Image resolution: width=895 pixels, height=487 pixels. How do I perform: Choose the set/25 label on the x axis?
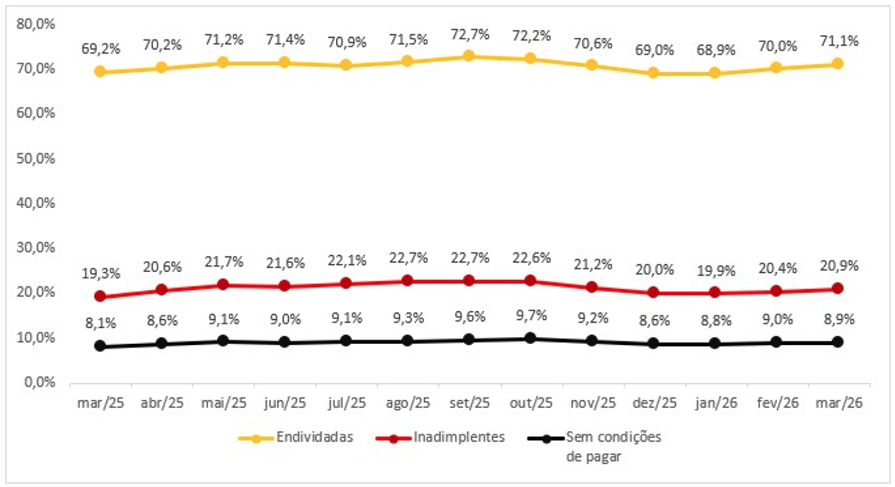[x=469, y=403]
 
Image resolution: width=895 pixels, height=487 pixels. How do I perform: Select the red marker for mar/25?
[x=100, y=297]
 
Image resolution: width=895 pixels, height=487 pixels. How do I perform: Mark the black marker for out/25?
[x=531, y=338]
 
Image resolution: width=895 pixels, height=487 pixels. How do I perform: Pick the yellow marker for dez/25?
[x=653, y=73]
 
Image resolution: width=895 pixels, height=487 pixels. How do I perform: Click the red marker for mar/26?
[x=838, y=288]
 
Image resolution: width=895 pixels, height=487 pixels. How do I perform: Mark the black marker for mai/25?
[x=223, y=341]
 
